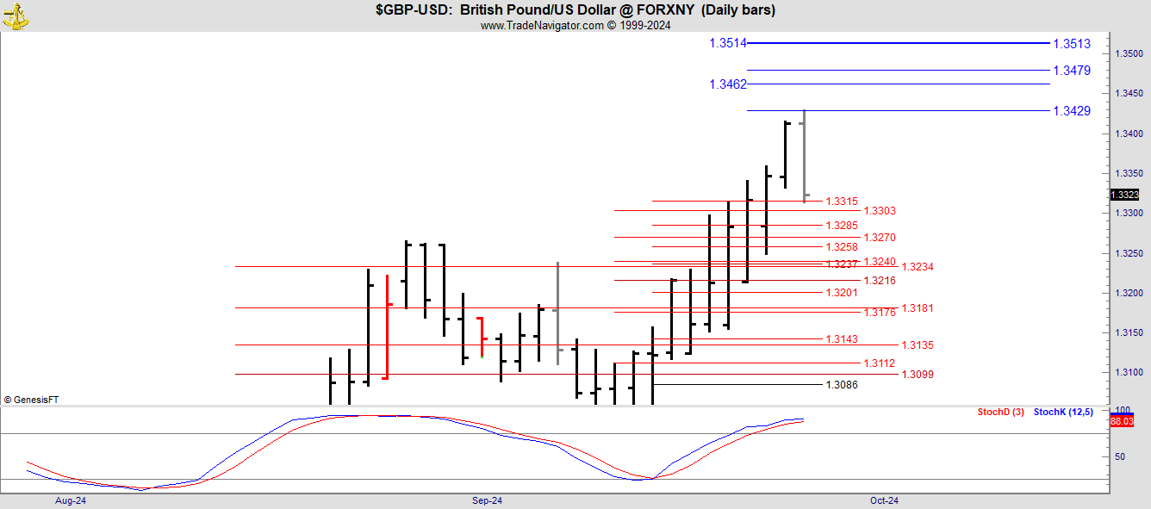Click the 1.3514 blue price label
click(x=728, y=43)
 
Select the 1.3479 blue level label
click(x=1072, y=71)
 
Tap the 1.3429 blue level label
click(x=1072, y=111)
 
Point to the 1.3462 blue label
click(x=728, y=84)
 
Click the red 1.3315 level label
click(x=842, y=202)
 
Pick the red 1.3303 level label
click(x=879, y=211)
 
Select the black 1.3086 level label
click(x=842, y=385)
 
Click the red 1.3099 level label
click(x=918, y=375)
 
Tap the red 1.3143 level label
click(x=842, y=339)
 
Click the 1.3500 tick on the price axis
click(x=1129, y=53)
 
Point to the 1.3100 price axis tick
click(x=1129, y=372)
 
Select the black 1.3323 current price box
click(x=1125, y=195)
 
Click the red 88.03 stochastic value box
click(x=1122, y=421)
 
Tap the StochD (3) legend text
click(x=1000, y=412)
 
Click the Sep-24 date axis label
click(x=487, y=500)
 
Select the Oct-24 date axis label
click(x=884, y=500)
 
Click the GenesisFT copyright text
click(x=31, y=400)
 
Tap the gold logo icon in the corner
click(x=16, y=16)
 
